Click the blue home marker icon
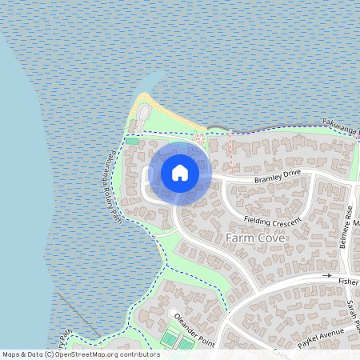(180, 173)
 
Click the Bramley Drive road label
(277, 175)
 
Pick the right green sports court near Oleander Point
(186, 344)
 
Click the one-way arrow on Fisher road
(326, 276)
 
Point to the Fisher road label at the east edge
(349, 282)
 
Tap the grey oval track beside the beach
(143, 118)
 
